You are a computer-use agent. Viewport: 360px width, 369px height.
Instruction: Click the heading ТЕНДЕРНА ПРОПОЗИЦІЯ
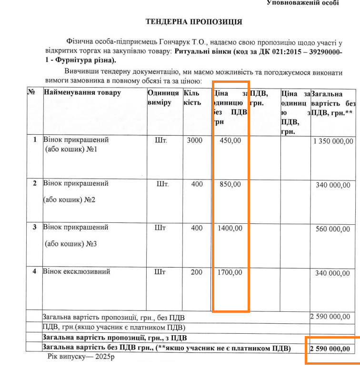[x=194, y=22]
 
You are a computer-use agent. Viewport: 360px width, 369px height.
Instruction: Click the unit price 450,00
[x=230, y=140]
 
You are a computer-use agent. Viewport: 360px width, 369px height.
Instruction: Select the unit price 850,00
[x=230, y=184]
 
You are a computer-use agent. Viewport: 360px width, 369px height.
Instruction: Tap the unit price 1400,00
[x=230, y=228]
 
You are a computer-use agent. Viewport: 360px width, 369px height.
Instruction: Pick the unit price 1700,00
[x=230, y=273]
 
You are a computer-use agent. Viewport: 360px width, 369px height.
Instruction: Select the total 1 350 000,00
[x=333, y=141]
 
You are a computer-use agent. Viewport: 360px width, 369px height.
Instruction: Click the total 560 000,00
[x=336, y=229]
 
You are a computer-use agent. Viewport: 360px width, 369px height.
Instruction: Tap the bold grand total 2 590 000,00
[x=330, y=349]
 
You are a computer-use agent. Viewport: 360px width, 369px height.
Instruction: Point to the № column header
[x=32, y=92]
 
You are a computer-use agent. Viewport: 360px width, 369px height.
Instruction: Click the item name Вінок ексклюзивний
[x=77, y=272]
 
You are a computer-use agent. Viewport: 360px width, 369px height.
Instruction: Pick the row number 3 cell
[x=34, y=227]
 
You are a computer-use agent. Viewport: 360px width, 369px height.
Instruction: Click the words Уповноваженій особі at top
[x=303, y=3]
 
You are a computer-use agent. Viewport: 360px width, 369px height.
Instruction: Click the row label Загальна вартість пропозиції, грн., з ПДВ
[x=115, y=339]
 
